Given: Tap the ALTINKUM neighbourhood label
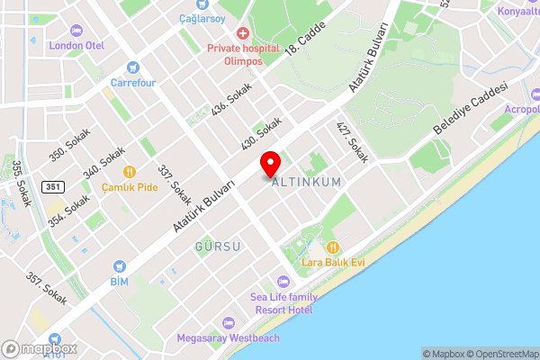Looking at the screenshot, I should (x=306, y=182).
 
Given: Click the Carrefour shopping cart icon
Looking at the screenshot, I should (x=133, y=66).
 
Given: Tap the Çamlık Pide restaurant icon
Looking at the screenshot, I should (x=130, y=171).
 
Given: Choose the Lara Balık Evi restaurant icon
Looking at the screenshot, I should (x=333, y=247).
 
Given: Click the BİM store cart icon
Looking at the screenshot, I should (x=120, y=266).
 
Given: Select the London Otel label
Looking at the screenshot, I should (x=77, y=45).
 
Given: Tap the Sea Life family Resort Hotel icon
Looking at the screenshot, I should (x=283, y=283).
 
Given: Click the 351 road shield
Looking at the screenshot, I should (x=55, y=186).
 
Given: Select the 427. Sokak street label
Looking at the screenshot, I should (x=353, y=142).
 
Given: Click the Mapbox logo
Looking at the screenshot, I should (x=39, y=348).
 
